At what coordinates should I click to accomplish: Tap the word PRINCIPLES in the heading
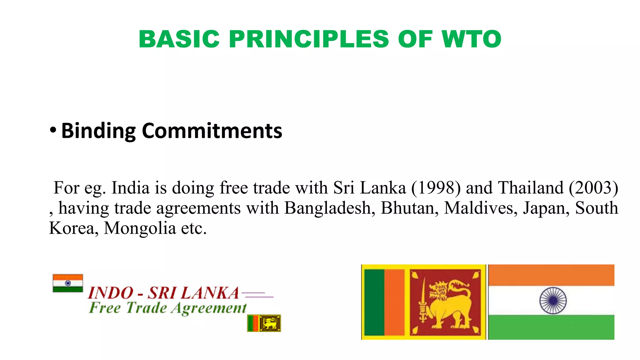[x=309, y=39]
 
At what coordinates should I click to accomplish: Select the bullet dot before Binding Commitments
[x=53, y=130]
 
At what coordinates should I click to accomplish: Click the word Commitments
[x=212, y=131]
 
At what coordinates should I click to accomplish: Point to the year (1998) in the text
[x=436, y=188]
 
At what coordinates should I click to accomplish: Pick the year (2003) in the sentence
[x=593, y=188]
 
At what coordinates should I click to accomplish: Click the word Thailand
[x=531, y=188]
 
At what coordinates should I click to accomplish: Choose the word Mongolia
[x=140, y=228]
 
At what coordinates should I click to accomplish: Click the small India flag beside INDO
[x=68, y=283]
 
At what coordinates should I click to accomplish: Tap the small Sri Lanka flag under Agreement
[x=264, y=323]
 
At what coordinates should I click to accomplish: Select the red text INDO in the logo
[x=111, y=293]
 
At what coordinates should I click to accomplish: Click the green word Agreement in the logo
[x=209, y=308]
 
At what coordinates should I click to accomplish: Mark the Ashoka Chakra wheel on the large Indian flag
[x=553, y=301]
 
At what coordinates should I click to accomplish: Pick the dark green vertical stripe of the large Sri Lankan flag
[x=374, y=302]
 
